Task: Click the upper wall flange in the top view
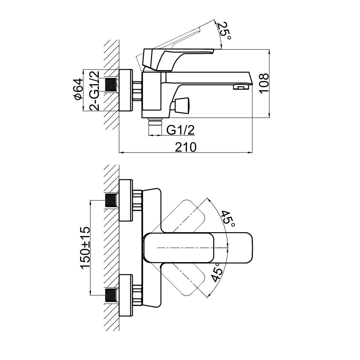125,200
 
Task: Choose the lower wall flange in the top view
125,295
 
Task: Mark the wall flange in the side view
126,90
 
